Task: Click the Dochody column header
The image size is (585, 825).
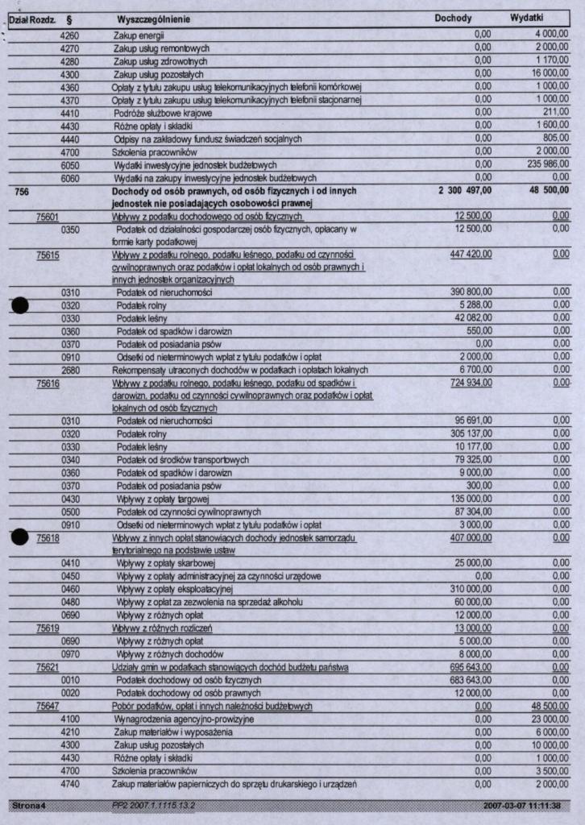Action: [x=453, y=18]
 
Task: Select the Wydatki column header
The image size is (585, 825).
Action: [x=527, y=18]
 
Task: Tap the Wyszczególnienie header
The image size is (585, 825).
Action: [x=153, y=19]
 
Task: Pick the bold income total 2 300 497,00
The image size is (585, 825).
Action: [x=465, y=191]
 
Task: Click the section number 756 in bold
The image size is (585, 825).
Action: [x=22, y=191]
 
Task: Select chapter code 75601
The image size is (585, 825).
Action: [x=48, y=217]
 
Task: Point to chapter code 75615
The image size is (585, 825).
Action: [x=48, y=255]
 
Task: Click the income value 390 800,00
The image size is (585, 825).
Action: [x=471, y=292]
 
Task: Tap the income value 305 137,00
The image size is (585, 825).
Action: [x=471, y=433]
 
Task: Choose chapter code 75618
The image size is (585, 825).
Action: [x=48, y=537]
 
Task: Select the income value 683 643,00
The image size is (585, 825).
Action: [x=471, y=680]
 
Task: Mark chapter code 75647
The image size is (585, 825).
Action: [x=48, y=707]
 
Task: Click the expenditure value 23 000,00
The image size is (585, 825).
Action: [x=551, y=719]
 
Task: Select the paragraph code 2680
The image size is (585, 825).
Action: [x=70, y=370]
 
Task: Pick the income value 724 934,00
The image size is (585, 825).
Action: [x=471, y=383]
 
